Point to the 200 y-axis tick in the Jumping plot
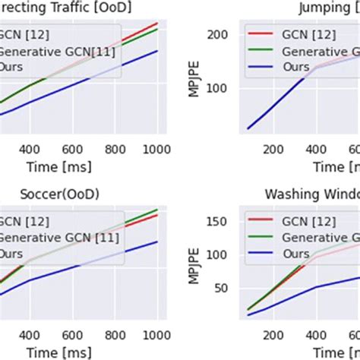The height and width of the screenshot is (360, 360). (218, 35)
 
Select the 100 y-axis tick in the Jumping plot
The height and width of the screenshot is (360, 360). (218, 88)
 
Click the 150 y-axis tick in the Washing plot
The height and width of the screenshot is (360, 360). (218, 221)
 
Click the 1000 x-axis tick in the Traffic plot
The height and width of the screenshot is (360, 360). (155, 150)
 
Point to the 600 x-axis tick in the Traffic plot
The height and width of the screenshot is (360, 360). (71, 150)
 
